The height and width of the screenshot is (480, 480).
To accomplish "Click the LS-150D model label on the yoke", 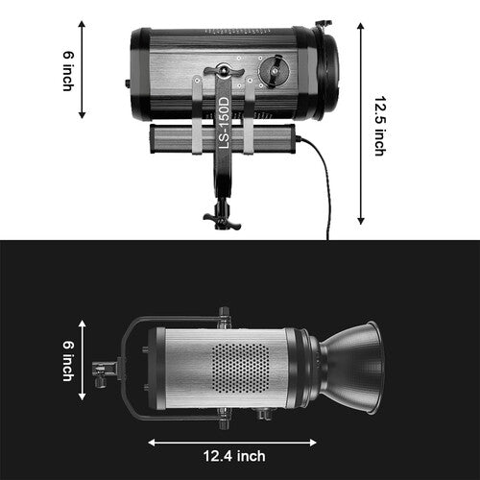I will [225, 122].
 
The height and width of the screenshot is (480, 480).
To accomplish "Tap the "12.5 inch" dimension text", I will [380, 123].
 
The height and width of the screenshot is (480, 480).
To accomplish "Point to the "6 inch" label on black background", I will [68, 362].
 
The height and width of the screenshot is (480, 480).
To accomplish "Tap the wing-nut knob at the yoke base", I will [222, 220].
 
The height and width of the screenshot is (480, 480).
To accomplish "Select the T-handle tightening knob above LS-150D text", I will [224, 71].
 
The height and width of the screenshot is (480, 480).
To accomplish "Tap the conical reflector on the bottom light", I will [356, 367].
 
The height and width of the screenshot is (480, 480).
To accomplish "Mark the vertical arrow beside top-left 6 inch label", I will [83, 69].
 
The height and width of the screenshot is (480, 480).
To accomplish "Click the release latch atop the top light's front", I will [324, 23].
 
